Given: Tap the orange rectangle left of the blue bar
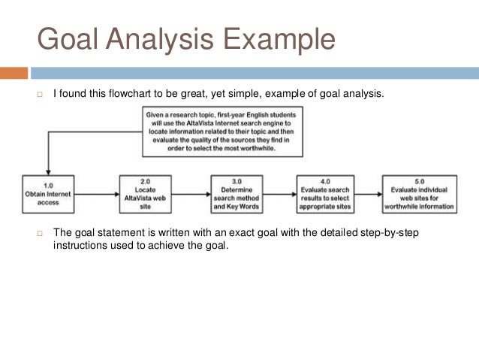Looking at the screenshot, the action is (x=14, y=74).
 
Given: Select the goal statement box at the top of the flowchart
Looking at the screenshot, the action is (x=222, y=132).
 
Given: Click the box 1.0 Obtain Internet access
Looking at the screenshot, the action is (x=48, y=193).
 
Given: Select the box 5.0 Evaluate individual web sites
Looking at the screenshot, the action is (x=418, y=193).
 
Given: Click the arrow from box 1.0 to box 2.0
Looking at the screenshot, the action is (x=98, y=194).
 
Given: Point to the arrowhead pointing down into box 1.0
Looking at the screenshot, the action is (x=48, y=171).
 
